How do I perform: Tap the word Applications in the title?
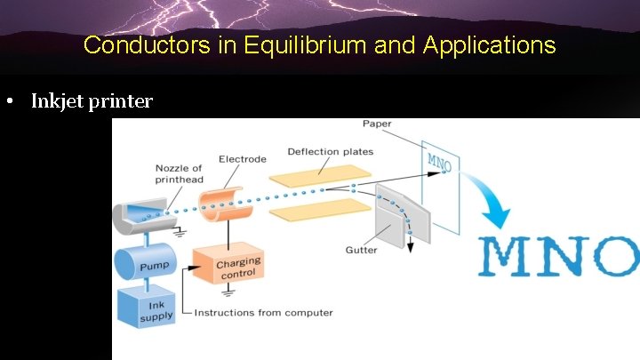(x=490, y=44)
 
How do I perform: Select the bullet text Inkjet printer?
(x=92, y=101)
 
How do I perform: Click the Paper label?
(x=378, y=123)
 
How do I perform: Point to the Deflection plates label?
(x=330, y=151)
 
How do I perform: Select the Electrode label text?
(x=242, y=159)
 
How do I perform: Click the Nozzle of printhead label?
(x=178, y=173)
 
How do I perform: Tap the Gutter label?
(x=361, y=250)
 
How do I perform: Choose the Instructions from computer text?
(x=263, y=312)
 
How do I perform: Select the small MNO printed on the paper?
(x=439, y=163)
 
